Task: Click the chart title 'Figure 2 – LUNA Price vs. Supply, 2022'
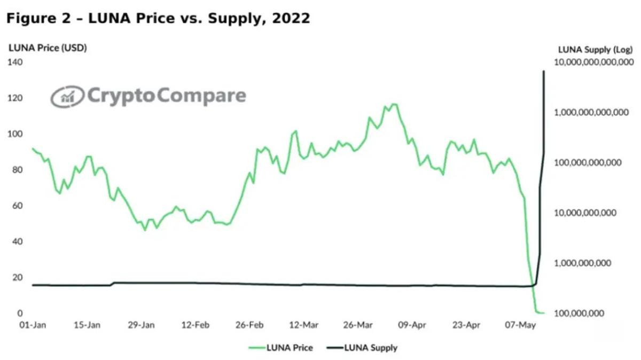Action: pos(158,19)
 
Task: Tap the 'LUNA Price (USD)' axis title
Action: pos(48,48)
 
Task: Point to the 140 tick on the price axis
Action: pos(15,62)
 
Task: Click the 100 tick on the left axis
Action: pos(15,134)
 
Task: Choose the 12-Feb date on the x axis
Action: pos(195,325)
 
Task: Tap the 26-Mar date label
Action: pos(357,325)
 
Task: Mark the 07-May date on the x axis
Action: pos(520,325)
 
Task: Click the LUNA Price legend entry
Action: pos(280,348)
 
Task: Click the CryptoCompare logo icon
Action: pos(67,97)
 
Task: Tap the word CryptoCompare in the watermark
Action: pos(166,96)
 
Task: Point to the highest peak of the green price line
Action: pos(394,104)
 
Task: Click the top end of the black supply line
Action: pos(544,71)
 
